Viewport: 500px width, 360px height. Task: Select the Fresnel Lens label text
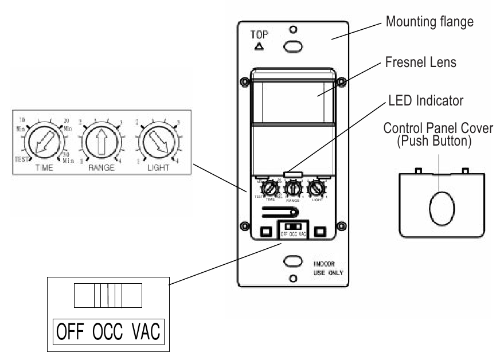(x=420, y=63)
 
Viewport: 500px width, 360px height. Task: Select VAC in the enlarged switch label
(x=144, y=331)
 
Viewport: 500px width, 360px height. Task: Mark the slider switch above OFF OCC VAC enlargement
(x=108, y=296)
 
